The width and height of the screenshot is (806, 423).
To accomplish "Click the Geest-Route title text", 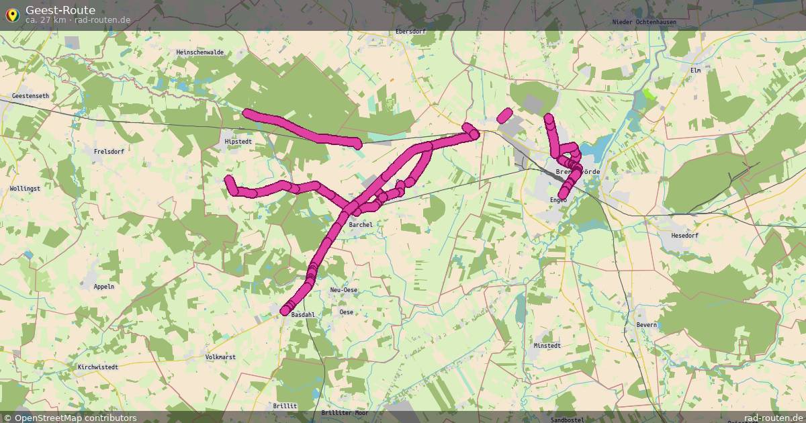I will coord(60,10).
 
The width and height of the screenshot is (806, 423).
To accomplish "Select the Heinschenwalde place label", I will coord(199,52).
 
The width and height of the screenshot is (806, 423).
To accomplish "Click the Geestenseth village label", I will coord(30,96).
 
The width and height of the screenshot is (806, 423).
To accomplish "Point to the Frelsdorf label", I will coord(109,152).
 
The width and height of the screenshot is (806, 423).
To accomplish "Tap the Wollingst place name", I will coord(25,189).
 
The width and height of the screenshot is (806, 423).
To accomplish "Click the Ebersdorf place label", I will coord(411,32).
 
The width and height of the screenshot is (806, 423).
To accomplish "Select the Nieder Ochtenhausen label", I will coord(644,22).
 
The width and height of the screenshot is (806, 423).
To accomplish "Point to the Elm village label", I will coord(695,70).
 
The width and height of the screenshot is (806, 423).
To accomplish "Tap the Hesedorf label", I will coord(685,236).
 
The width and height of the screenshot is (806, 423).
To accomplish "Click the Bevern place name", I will coord(646,325).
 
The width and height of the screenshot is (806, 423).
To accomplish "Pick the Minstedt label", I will coord(547,346).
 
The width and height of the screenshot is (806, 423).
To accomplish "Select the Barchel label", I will coord(361,225).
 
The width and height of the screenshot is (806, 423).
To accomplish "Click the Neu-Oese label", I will coord(344,290).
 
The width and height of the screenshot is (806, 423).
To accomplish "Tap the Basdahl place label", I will coord(303,314).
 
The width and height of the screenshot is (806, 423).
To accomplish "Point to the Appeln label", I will coord(104,286).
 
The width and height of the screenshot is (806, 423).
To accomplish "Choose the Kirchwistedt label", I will coord(98,367).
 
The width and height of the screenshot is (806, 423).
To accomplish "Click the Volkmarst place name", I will coord(220,357).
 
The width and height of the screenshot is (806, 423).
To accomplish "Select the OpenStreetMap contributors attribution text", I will coord(75,418).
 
